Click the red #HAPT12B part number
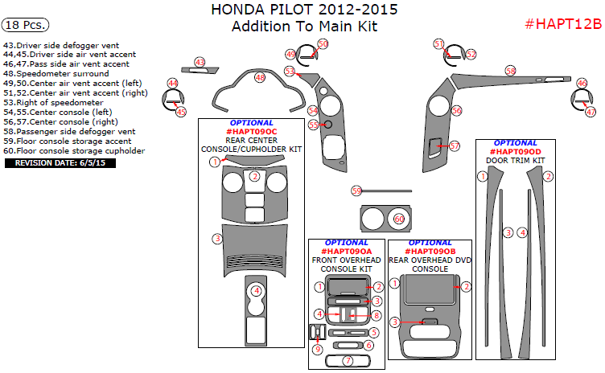(x=562, y=23)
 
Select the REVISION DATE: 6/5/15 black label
(x=61, y=162)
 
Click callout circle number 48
(x=259, y=78)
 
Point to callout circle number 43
(x=200, y=62)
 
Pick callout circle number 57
(x=455, y=146)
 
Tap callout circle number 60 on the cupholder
(x=399, y=219)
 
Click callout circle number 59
(x=356, y=191)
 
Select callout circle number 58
(x=510, y=71)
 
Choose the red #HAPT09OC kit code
(x=251, y=131)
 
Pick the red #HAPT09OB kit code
(x=430, y=252)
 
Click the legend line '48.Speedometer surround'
(x=56, y=74)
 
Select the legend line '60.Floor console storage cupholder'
(x=74, y=150)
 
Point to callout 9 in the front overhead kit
(x=318, y=349)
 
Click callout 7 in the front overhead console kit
(x=348, y=361)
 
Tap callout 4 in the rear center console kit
(x=256, y=291)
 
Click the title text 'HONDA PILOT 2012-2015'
(x=304, y=10)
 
